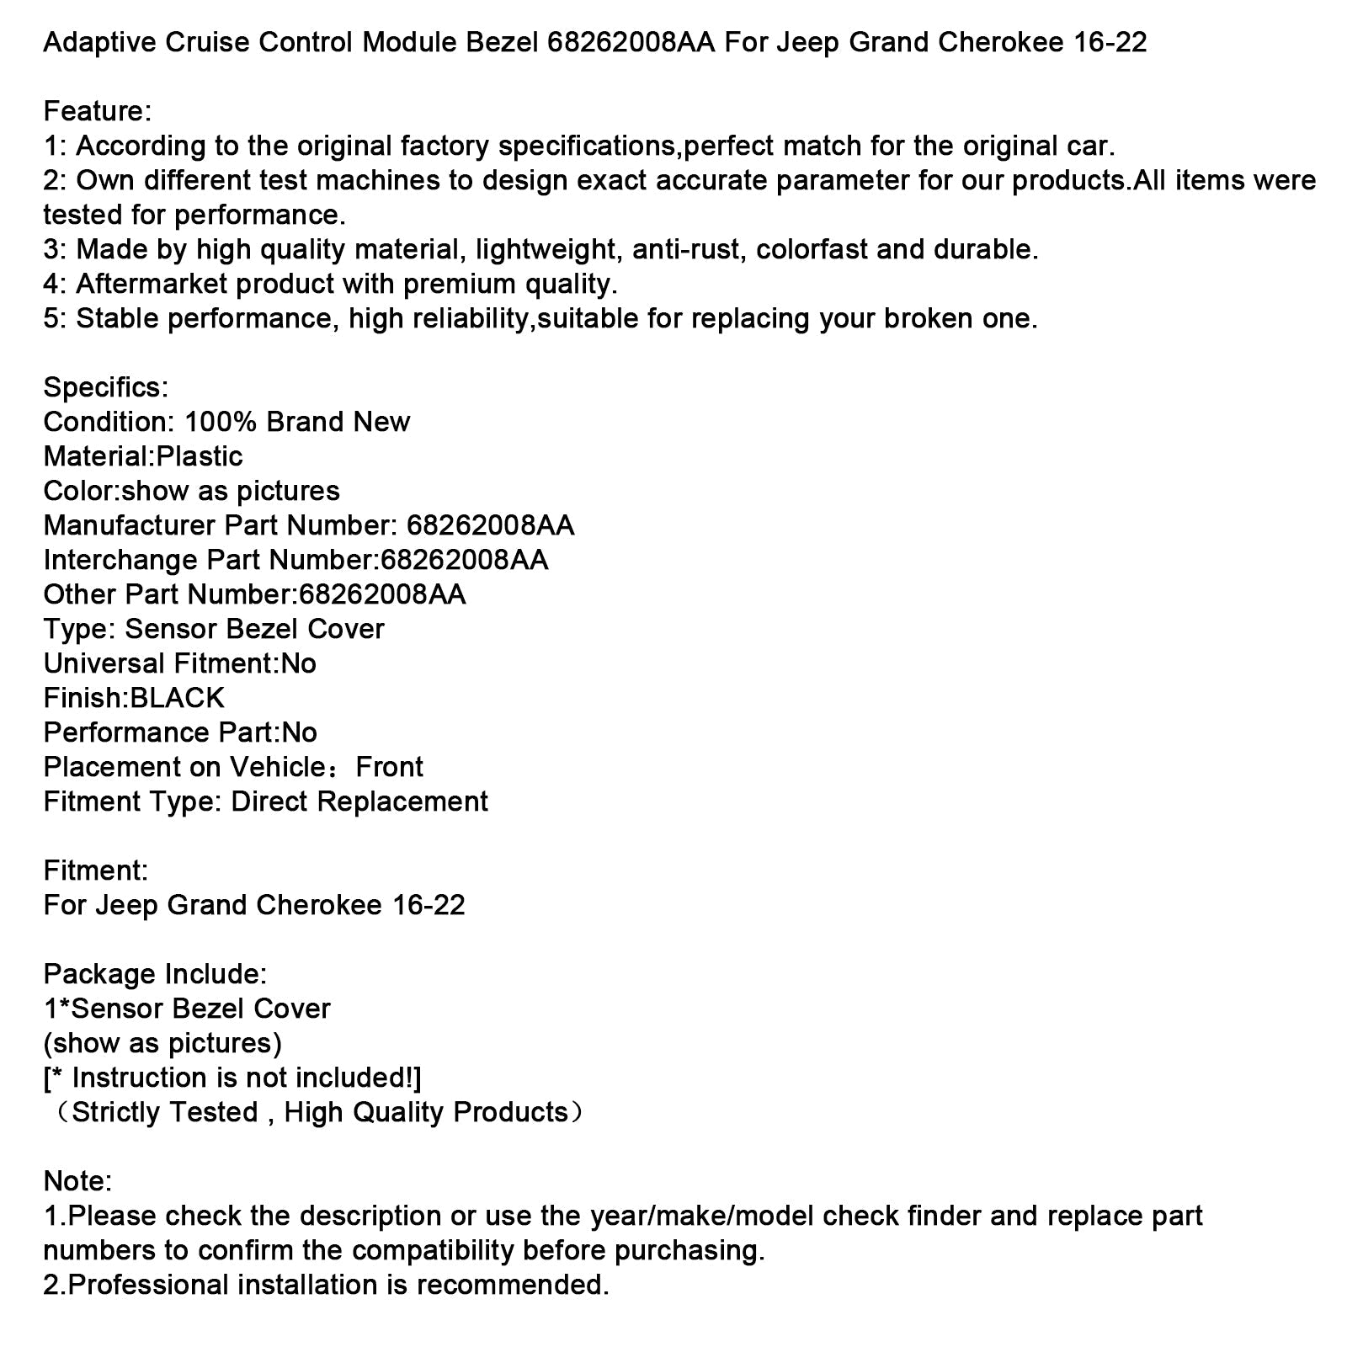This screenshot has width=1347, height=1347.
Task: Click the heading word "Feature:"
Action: [x=97, y=111]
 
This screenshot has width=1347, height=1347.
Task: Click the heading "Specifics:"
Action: [x=105, y=387]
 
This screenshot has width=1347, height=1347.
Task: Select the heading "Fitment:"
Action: [x=95, y=870]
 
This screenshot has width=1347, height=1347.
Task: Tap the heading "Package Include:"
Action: [x=155, y=974]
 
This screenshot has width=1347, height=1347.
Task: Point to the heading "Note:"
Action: [x=77, y=1181]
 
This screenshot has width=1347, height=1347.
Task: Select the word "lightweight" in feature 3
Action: [x=544, y=249]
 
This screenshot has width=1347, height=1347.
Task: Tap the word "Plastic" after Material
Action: [x=200, y=456]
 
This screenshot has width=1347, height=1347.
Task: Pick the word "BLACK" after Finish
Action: [x=177, y=698]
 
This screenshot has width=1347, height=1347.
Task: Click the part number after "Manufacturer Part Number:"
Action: [x=490, y=525]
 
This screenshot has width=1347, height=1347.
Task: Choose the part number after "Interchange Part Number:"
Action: [x=464, y=560]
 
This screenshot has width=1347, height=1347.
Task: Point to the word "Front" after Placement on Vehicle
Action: [x=389, y=767]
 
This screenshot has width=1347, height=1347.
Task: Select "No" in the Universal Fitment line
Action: [x=299, y=663]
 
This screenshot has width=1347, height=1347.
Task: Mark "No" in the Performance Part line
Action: [x=299, y=732]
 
